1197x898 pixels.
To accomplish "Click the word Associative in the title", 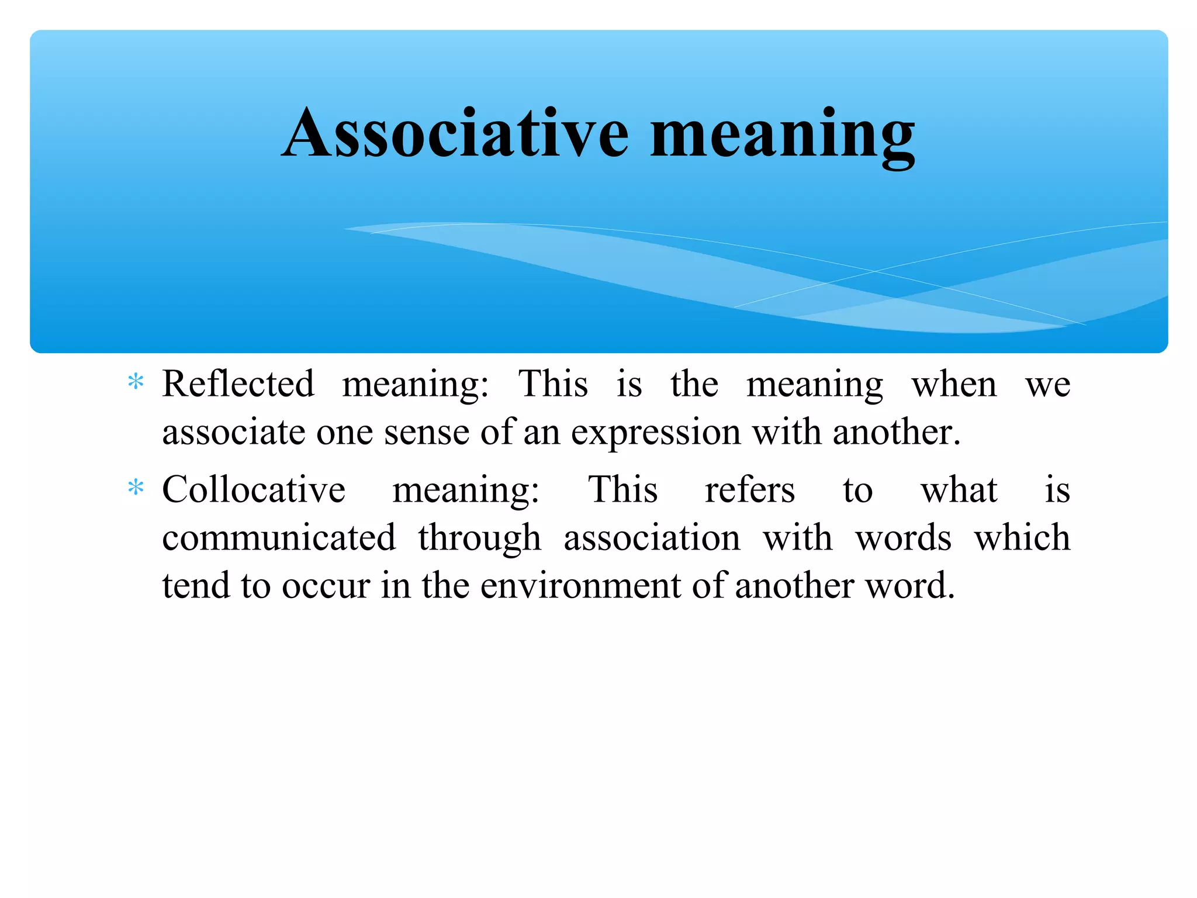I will (x=455, y=133).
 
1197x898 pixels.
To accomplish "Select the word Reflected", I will (x=238, y=384).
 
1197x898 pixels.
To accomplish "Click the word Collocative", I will (x=254, y=489).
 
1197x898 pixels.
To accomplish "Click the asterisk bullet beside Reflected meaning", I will (x=136, y=382).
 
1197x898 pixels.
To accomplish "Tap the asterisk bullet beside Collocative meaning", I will (x=136, y=487).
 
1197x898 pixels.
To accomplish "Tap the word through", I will (x=479, y=538).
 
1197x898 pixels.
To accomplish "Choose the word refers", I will (x=750, y=489).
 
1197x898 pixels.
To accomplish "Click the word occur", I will (x=326, y=586).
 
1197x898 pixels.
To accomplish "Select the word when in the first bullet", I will (x=954, y=385).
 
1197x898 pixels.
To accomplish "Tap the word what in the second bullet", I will (x=959, y=489).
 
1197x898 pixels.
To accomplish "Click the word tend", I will (x=196, y=585).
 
